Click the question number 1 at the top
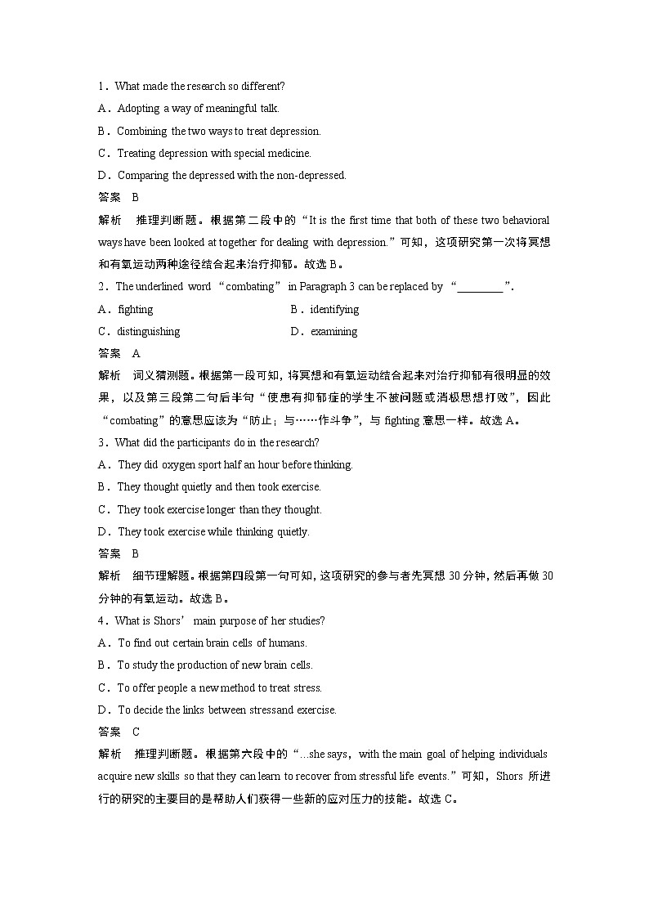pyautogui.click(x=101, y=86)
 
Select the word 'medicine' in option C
pyautogui.click(x=291, y=153)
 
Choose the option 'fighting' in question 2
pyautogui.click(x=136, y=309)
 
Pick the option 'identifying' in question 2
pyautogui.click(x=334, y=309)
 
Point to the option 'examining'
pyautogui.click(x=333, y=331)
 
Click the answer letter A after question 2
pyautogui.click(x=136, y=353)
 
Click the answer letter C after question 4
pyautogui.click(x=136, y=732)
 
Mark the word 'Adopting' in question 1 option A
pyautogui.click(x=138, y=108)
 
